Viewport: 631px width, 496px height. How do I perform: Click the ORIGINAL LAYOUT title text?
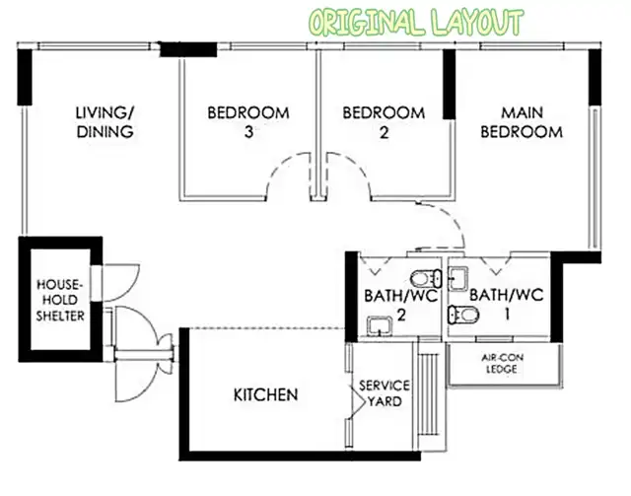tap(417, 23)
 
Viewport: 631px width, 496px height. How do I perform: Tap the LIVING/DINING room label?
tap(105, 122)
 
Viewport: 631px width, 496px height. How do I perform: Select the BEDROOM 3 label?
tap(248, 122)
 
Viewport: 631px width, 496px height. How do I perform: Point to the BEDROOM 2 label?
tap(384, 122)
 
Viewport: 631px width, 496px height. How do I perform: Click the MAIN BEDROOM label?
tap(522, 122)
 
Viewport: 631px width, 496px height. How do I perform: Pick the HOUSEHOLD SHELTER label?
tap(60, 301)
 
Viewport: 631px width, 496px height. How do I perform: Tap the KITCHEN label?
tap(265, 395)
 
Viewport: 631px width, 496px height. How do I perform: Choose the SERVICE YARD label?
tap(385, 393)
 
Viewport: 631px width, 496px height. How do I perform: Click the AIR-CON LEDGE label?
tap(502, 363)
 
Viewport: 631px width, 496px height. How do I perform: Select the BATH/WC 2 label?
tap(401, 305)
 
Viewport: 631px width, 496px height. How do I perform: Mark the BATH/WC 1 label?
tap(506, 304)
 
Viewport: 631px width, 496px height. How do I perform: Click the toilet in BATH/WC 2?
tap(426, 278)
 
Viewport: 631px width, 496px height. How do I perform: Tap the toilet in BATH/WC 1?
tap(463, 315)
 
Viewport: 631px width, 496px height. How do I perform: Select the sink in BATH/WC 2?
tap(380, 326)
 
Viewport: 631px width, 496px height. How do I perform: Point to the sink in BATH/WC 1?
tap(458, 279)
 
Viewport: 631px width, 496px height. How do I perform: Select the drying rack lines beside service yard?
tap(430, 393)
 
